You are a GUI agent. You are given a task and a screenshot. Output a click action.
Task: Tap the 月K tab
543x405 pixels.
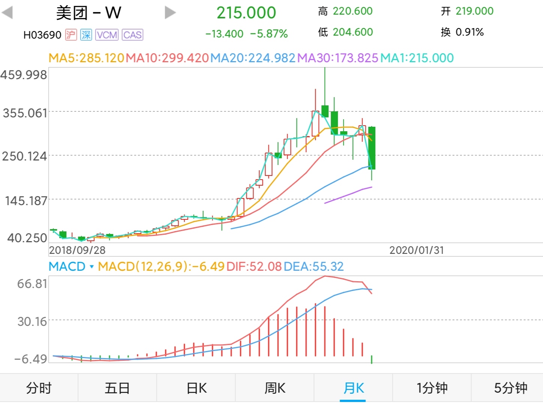(353, 388)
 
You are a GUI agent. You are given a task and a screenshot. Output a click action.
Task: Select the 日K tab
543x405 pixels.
(197, 388)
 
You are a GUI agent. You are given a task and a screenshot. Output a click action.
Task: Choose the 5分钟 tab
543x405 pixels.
(510, 388)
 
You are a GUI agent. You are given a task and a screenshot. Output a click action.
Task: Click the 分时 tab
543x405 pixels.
(39, 388)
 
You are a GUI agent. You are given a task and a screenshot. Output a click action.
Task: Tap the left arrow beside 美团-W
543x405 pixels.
(7, 12)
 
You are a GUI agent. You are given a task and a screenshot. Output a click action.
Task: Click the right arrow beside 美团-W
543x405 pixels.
(170, 12)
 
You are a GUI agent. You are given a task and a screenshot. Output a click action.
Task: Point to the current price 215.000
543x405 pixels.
(246, 13)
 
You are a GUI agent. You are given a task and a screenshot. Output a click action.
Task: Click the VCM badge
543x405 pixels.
(107, 35)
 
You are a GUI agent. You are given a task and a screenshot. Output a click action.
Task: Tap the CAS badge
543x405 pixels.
(132, 35)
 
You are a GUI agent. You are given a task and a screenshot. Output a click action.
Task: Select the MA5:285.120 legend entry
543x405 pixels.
(86, 58)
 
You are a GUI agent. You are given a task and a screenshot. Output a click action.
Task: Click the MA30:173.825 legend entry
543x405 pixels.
(337, 58)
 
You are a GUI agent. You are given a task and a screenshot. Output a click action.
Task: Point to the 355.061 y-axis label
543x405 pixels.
(25, 113)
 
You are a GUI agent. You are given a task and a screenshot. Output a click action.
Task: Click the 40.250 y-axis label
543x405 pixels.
(27, 238)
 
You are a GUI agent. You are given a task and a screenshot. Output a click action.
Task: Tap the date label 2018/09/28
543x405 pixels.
(77, 250)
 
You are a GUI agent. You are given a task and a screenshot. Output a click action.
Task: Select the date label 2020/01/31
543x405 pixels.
(416, 250)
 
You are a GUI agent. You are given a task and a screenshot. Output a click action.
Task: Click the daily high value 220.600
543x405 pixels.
(352, 11)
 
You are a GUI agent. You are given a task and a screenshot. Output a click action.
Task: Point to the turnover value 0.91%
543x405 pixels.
(469, 32)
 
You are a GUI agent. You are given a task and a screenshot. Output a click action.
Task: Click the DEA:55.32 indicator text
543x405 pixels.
(313, 266)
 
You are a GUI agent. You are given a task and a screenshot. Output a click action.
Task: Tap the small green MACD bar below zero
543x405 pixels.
(371, 359)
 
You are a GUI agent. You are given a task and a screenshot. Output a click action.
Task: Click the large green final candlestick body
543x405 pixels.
(371, 148)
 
